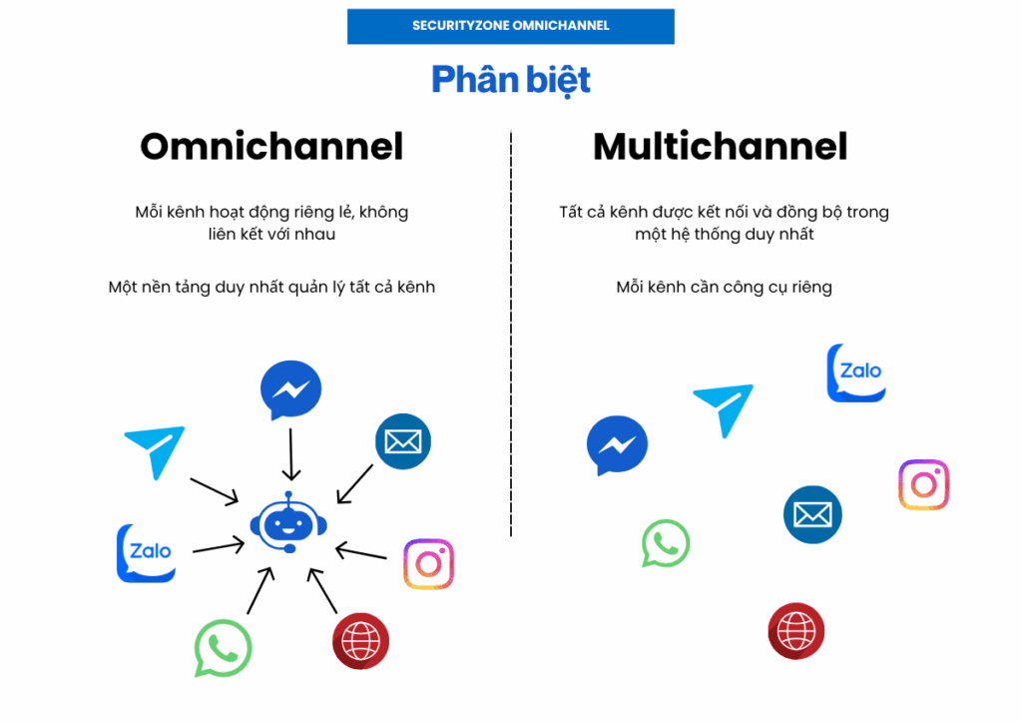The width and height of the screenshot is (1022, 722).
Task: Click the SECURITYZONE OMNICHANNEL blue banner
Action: tap(510, 26)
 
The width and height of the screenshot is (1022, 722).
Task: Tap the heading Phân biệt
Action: tap(511, 80)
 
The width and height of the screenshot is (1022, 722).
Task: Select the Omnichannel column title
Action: tap(271, 147)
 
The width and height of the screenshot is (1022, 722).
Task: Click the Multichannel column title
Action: tap(720, 147)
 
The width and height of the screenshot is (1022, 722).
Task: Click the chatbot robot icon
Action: tap(288, 522)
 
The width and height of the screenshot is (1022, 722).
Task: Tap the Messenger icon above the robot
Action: tap(290, 389)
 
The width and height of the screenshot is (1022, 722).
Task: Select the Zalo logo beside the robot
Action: tap(147, 552)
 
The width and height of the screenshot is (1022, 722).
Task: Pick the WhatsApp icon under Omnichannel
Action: tap(223, 648)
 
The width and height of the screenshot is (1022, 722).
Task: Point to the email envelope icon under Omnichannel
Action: tap(403, 441)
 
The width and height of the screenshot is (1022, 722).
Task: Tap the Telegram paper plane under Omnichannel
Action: tap(155, 451)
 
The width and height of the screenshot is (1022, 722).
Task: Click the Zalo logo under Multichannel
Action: tap(856, 372)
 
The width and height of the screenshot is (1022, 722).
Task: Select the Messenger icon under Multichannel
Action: tap(617, 445)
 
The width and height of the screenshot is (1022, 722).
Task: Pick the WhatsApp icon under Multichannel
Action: tap(666, 544)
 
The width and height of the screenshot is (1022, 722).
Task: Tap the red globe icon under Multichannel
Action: tap(796, 631)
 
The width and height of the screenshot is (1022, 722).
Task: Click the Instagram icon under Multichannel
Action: tap(923, 485)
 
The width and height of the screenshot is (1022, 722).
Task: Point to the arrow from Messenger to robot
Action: tap(290, 454)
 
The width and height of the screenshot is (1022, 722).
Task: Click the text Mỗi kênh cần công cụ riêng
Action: tap(724, 288)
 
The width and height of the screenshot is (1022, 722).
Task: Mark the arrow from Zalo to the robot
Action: tap(219, 546)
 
